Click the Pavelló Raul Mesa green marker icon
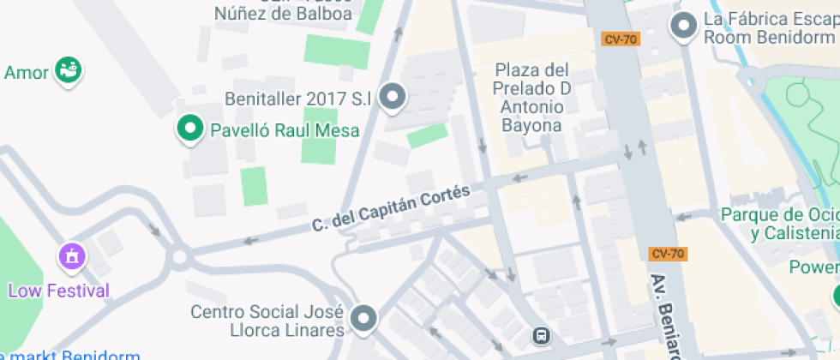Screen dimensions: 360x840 [188, 129]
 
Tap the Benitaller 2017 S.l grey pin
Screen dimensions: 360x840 [393, 97]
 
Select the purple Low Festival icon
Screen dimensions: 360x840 [71, 255]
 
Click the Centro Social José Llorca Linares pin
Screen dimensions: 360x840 [365, 318]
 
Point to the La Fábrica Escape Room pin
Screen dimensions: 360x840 [683, 26]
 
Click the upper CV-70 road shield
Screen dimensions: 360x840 [620, 39]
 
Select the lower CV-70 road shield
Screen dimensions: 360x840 [668, 253]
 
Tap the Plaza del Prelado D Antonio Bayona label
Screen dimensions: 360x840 [531, 97]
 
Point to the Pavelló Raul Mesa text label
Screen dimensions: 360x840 [285, 131]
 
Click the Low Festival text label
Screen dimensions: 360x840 [58, 291]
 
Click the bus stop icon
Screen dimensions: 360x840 [542, 335]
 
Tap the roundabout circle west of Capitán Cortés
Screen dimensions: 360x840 [180, 256]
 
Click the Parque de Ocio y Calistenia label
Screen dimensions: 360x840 [780, 224]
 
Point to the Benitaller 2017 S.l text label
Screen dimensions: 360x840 [297, 99]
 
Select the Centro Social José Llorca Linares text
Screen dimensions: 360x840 [267, 321]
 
